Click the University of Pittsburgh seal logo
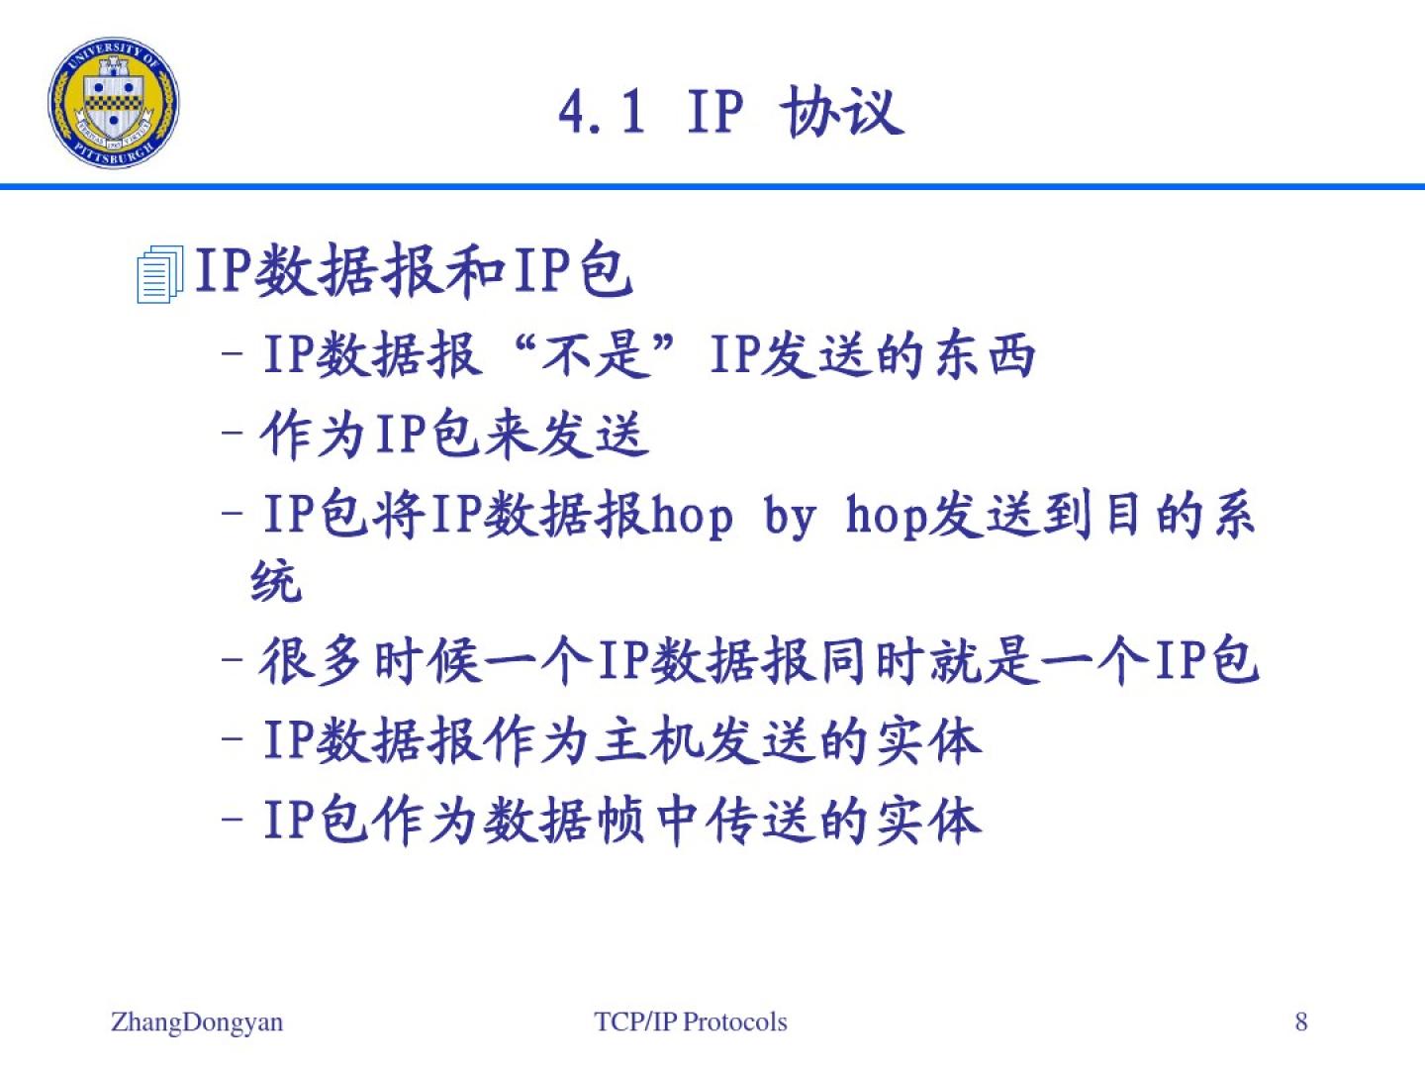(x=114, y=103)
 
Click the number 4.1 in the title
(x=602, y=112)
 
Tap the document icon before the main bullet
(x=159, y=273)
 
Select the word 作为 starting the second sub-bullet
(x=311, y=435)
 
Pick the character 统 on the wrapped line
(x=276, y=580)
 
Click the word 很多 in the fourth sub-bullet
(x=311, y=661)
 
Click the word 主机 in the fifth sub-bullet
(x=650, y=741)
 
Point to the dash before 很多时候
(x=232, y=660)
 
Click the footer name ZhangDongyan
(x=197, y=1022)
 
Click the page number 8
(x=1301, y=1021)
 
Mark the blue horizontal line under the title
(x=712, y=187)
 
